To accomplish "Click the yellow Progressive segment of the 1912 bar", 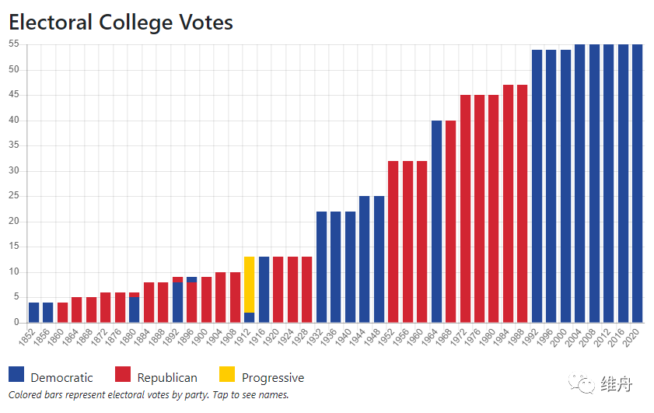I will coord(250,285).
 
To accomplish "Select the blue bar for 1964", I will coord(436,222).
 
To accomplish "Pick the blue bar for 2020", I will coord(638,184).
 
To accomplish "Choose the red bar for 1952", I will coord(393,242).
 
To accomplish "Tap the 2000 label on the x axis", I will coord(563,336).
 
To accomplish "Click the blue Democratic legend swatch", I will coord(16,375).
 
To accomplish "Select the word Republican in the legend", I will coord(167,378).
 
